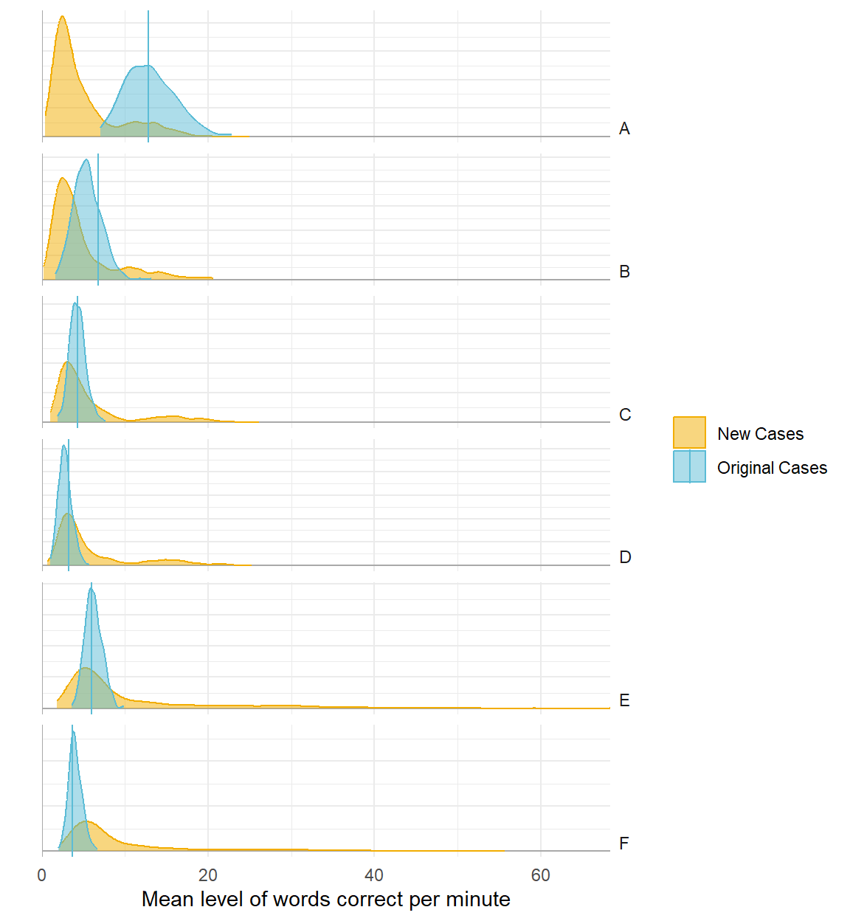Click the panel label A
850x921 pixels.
pos(624,129)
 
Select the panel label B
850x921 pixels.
pos(624,272)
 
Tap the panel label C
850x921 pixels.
pos(625,415)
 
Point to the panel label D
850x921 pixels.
pos(625,557)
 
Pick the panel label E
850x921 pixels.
pos(624,700)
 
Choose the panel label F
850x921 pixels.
pos(624,844)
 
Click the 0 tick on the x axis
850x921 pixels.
pos(42,875)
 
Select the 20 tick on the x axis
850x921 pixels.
pos(208,875)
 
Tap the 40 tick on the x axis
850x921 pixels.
pos(374,875)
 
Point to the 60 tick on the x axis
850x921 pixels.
pos(541,875)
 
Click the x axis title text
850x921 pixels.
pos(325,899)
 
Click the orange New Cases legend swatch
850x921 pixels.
pos(689,433)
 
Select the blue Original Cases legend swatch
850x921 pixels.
pos(689,467)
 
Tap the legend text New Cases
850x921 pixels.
pos(760,434)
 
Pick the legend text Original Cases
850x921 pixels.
pos(772,468)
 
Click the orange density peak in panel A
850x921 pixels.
pos(63,17)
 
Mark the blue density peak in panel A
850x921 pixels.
pos(145,66)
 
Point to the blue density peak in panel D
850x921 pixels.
pos(64,446)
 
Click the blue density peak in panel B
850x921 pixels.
pos(87,160)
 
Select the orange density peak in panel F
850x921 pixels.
pos(87,821)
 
